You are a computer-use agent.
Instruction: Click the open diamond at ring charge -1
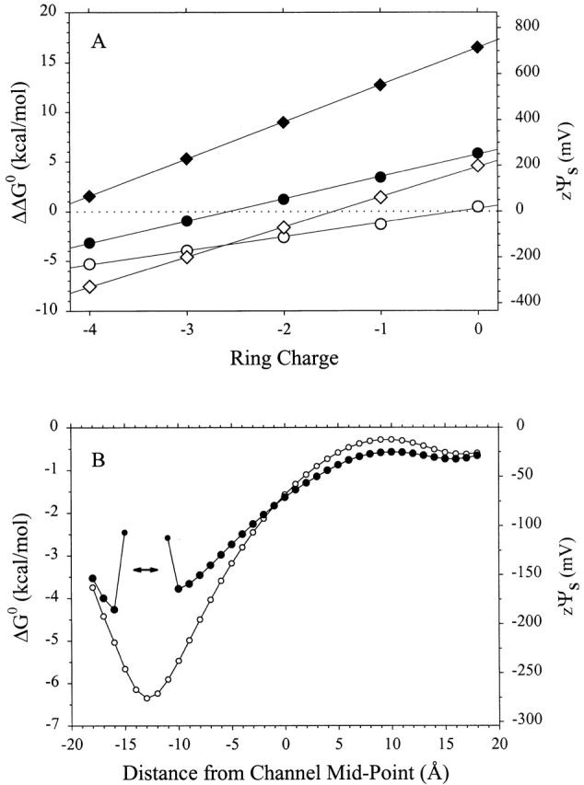point(380,197)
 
